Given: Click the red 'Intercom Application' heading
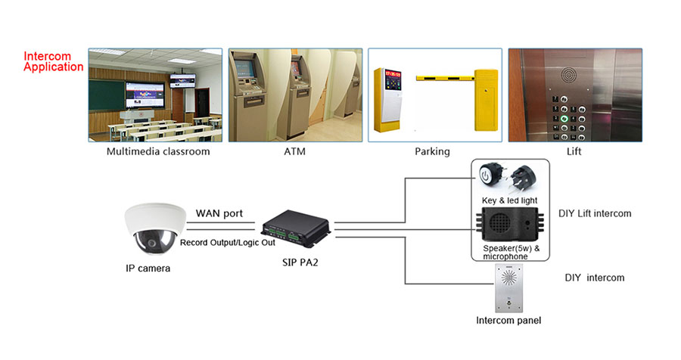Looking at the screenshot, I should (53, 61).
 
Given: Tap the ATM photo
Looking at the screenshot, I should (294, 95).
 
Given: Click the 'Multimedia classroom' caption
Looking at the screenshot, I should (158, 151).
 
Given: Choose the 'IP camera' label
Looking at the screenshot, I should (148, 268).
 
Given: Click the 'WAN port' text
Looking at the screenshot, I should (219, 213).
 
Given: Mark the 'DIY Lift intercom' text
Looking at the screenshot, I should (594, 214).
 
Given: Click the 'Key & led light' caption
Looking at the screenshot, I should (508, 200).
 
